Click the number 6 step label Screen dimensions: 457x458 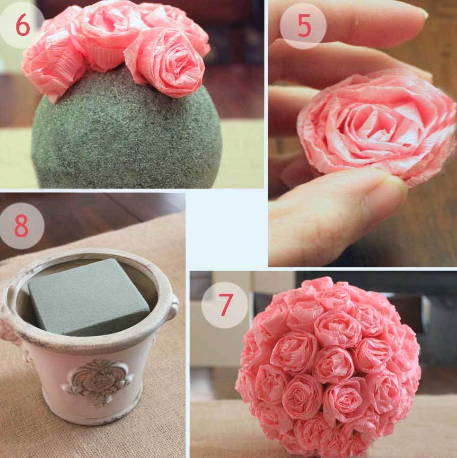(x=22, y=25)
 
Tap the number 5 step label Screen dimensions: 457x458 (x=304, y=26)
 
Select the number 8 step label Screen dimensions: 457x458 (x=21, y=226)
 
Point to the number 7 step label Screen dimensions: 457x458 (x=226, y=304)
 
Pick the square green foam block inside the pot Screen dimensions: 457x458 (x=87, y=297)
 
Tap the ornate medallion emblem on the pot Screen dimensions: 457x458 (x=98, y=382)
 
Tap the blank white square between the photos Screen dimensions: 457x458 (x=226, y=229)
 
